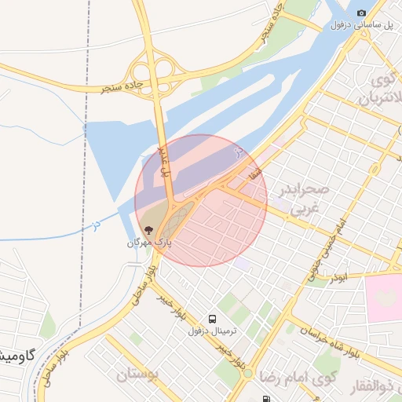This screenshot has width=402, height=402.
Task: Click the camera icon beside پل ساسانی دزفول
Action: (x=362, y=13)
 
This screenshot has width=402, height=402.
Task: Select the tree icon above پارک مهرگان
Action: (x=149, y=230)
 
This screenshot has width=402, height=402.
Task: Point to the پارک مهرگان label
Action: (x=149, y=243)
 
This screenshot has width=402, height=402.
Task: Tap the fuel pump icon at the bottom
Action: (x=268, y=398)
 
